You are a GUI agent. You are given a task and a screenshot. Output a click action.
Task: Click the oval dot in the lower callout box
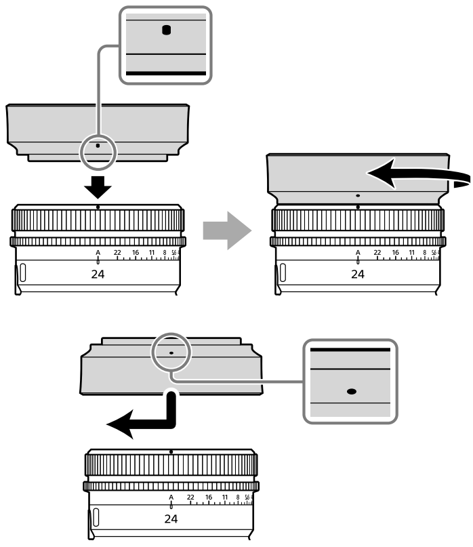tap(351, 391)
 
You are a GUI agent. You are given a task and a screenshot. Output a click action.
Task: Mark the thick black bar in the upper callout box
tap(165, 71)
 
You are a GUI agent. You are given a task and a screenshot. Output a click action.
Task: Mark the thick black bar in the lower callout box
tap(350, 349)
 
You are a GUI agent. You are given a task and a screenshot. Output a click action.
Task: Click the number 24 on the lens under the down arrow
tap(98, 275)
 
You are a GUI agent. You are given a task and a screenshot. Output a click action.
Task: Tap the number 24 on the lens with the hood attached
tap(357, 275)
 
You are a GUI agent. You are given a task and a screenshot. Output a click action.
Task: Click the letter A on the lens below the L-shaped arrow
tap(171, 497)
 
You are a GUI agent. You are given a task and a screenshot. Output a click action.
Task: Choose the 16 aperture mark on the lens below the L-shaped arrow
tap(209, 497)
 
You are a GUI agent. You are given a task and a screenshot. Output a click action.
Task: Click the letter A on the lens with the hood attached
tap(358, 253)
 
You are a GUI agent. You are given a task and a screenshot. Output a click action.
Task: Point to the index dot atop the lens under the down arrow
tap(98, 206)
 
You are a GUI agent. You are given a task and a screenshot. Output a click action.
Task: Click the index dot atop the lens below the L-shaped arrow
tap(171, 451)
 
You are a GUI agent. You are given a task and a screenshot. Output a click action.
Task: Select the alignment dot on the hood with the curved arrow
tap(358, 195)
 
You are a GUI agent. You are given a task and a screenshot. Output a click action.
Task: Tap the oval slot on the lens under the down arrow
tap(22, 273)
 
